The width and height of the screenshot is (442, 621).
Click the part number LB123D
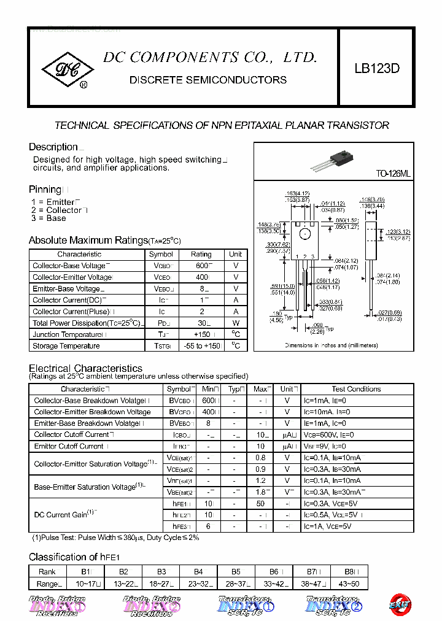[376, 69]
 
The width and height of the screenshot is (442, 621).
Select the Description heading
[53, 147]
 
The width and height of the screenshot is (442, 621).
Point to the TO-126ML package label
[393, 174]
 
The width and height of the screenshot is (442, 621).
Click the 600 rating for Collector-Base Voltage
[201, 266]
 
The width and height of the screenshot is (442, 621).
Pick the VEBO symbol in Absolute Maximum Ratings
[161, 288]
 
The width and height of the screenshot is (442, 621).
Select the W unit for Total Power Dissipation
[236, 323]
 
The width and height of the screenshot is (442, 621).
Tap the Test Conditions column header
[356, 389]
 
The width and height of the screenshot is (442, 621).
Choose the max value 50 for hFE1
[261, 503]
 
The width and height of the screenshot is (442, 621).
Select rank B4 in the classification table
[198, 571]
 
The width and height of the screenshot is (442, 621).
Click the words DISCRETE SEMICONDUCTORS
[207, 80]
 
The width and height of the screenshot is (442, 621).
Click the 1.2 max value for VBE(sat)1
[261, 481]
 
